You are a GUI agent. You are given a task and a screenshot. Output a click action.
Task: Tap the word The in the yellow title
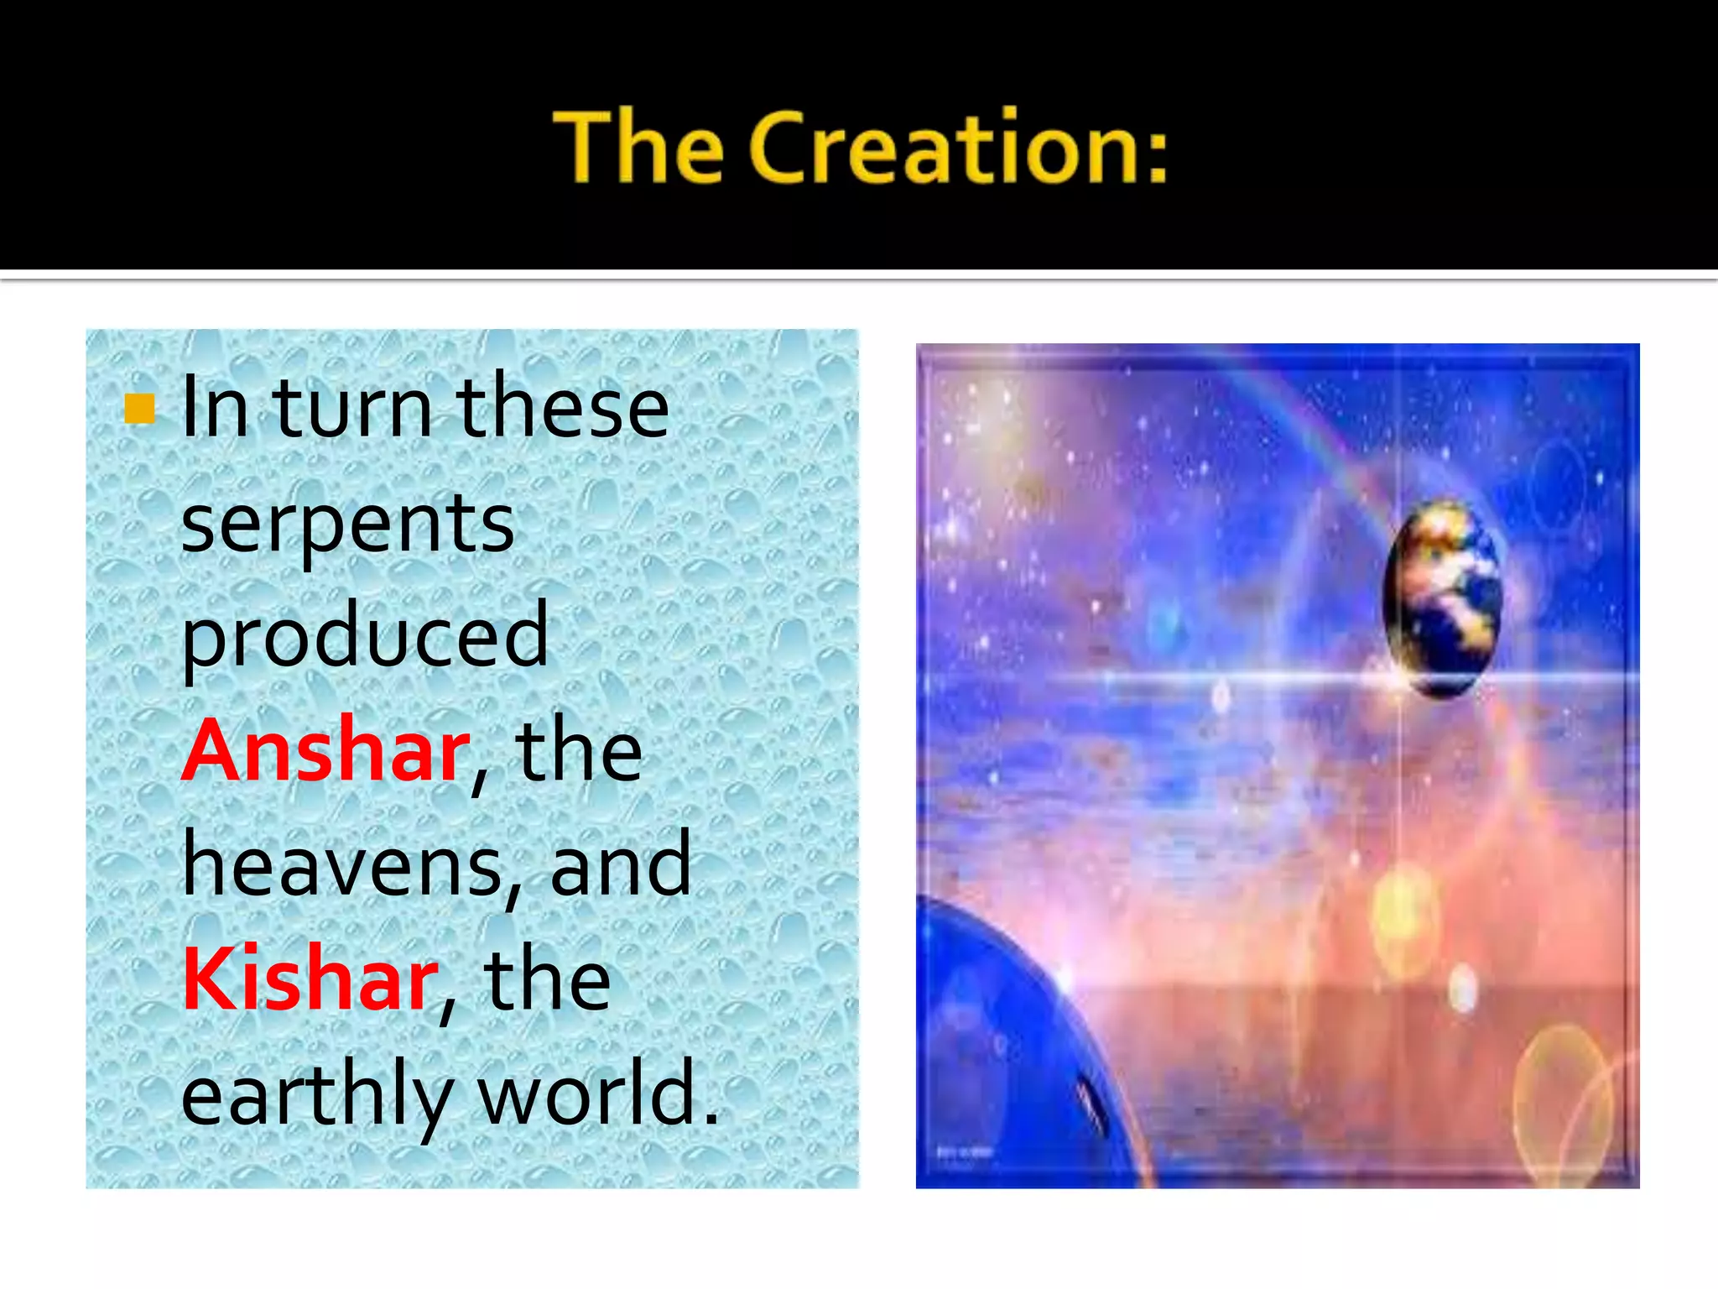pos(638,148)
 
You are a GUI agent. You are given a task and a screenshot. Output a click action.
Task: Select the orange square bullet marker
pos(139,409)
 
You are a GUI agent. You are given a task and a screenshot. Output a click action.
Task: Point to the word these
pos(562,409)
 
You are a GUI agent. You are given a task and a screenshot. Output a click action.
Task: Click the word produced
pos(365,636)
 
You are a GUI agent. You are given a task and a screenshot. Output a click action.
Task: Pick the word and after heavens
pos(621,865)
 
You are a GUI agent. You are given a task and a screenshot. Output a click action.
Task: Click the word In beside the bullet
pos(215,409)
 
